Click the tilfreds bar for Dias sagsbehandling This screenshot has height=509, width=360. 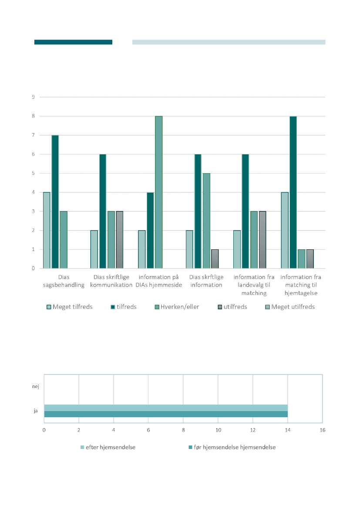pyautogui.click(x=55, y=202)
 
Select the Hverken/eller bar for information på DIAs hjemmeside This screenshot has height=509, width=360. pyautogui.click(x=158, y=192)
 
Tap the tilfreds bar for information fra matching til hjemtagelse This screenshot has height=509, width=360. pyautogui.click(x=293, y=192)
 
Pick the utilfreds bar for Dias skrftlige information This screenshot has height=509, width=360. pyautogui.click(x=215, y=259)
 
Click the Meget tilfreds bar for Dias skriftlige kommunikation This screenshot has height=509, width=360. pyautogui.click(x=94, y=249)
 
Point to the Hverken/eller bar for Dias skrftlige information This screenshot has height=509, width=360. pyautogui.click(x=206, y=221)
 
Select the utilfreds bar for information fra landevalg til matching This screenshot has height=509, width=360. pyautogui.click(x=262, y=240)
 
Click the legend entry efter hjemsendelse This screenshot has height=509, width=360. pyautogui.click(x=108, y=447)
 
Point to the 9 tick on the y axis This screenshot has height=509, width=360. pyautogui.click(x=33, y=97)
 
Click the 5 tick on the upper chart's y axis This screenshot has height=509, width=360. pyautogui.click(x=33, y=173)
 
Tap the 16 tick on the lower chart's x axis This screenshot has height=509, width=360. pyautogui.click(x=322, y=430)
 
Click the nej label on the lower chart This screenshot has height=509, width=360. pyautogui.click(x=35, y=386)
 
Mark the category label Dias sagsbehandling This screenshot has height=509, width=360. pyautogui.click(x=64, y=281)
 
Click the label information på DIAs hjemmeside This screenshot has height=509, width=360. pyautogui.click(x=159, y=281)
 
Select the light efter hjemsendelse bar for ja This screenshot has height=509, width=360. pyautogui.click(x=166, y=408)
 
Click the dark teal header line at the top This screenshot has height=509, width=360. pyautogui.click(x=73, y=42)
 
